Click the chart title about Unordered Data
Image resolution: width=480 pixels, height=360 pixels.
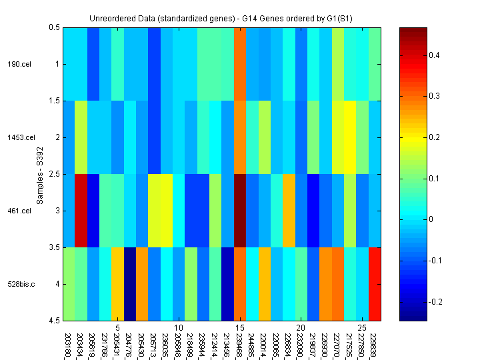222,18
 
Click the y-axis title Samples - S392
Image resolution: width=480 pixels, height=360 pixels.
40,174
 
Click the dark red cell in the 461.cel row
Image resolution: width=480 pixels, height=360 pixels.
241,211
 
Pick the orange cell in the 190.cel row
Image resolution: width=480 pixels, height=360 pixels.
241,64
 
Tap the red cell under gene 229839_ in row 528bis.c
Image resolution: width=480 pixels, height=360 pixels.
375,284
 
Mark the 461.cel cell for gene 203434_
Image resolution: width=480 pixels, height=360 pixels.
81,211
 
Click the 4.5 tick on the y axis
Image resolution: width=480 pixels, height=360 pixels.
53,321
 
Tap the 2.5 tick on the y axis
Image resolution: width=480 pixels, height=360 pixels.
53,174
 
